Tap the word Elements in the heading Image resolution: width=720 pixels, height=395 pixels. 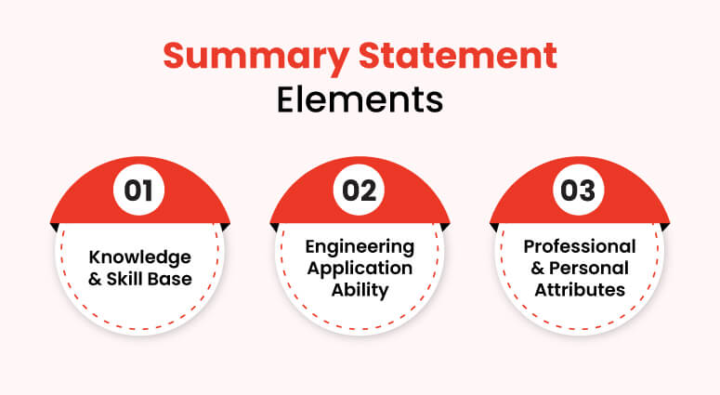coord(360,99)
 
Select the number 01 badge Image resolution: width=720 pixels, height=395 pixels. coord(139,191)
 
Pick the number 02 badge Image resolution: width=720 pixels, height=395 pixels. coord(360,191)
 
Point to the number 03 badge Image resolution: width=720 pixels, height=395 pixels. coord(580,191)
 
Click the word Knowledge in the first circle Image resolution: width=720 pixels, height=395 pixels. coord(140,256)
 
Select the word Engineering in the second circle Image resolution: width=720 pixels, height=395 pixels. coord(360,246)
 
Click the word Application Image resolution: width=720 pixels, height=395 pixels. coord(360,268)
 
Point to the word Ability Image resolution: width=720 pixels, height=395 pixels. coord(360,289)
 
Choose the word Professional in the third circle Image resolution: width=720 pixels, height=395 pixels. coord(580,246)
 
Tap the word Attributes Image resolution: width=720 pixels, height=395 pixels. coord(580,289)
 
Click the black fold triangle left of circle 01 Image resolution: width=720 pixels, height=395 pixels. coord(54,227)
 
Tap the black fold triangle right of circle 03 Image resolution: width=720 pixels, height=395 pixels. coord(666,227)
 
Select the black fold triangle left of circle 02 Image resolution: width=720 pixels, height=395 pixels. coord(274,227)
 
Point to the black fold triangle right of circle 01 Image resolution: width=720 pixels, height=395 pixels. coord(226,227)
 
